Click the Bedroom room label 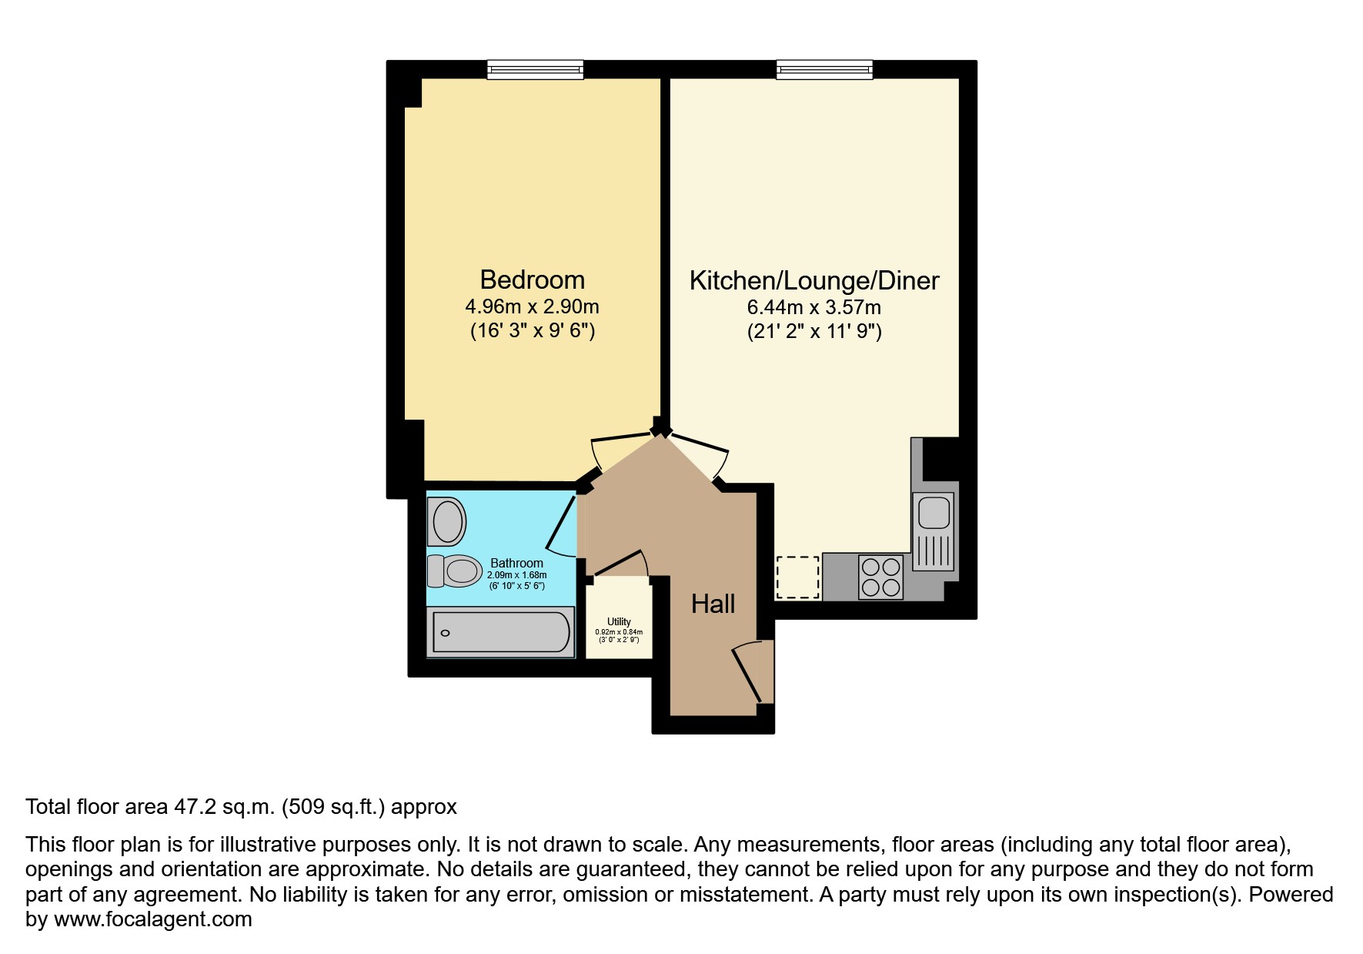point(532,280)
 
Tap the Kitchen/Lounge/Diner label point(813,280)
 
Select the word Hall point(713,604)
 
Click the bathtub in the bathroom point(501,633)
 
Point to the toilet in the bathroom point(454,571)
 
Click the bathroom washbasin point(449,521)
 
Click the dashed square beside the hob point(797,577)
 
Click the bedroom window point(535,70)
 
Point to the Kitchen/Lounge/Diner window point(824,70)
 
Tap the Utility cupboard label point(619,622)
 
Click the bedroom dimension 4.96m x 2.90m point(532,307)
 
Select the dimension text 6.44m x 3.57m point(813,308)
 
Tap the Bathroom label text point(516,564)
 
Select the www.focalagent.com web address point(153,919)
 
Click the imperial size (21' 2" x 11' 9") point(813,333)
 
